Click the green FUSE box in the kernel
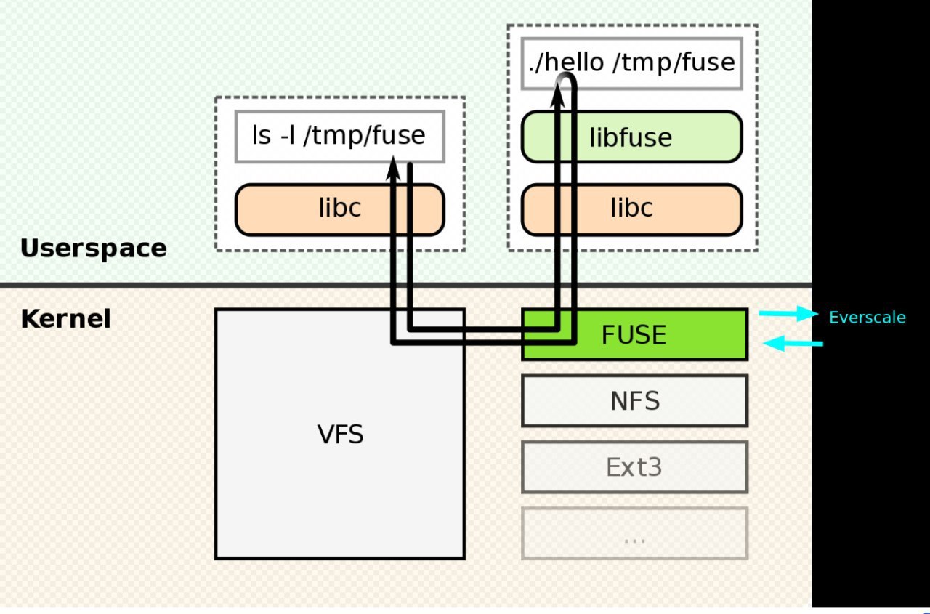click(654, 335)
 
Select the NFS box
click(634, 400)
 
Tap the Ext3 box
click(634, 466)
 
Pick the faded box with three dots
click(634, 533)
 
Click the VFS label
click(340, 435)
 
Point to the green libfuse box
click(631, 137)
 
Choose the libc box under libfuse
click(631, 209)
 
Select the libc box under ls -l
click(339, 209)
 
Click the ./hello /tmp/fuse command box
click(631, 62)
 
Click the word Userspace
click(93, 249)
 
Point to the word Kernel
click(65, 319)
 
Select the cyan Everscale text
click(868, 318)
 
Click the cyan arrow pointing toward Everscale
click(789, 314)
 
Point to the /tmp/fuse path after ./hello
click(674, 62)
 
